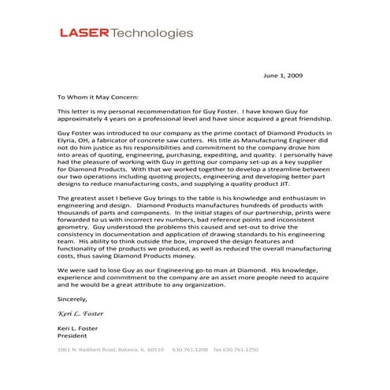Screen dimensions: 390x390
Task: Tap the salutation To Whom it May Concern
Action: (96, 98)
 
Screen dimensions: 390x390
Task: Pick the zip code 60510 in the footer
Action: (155, 347)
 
